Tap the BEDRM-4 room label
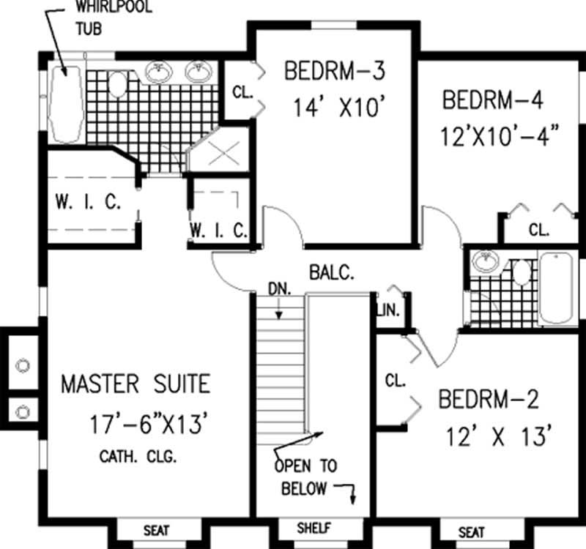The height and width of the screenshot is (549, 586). pyautogui.click(x=493, y=100)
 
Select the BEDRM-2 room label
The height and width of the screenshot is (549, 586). pyautogui.click(x=489, y=400)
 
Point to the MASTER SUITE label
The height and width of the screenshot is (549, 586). pyautogui.click(x=136, y=384)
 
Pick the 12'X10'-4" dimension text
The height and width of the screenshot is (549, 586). pyautogui.click(x=500, y=136)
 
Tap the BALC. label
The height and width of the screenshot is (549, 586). pyautogui.click(x=332, y=274)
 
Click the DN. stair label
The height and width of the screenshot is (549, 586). pyautogui.click(x=279, y=289)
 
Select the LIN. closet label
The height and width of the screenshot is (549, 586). pyautogui.click(x=388, y=310)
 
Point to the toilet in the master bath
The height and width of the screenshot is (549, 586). pyautogui.click(x=117, y=85)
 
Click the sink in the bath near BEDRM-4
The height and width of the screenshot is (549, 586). pyautogui.click(x=483, y=261)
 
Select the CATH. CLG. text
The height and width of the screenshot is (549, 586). pyautogui.click(x=139, y=458)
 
